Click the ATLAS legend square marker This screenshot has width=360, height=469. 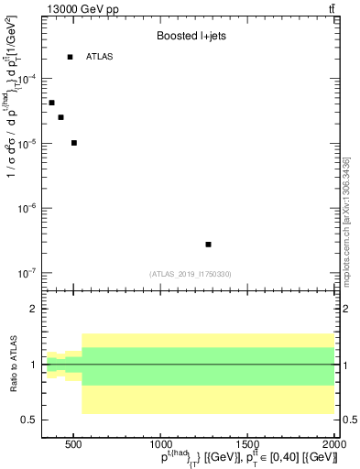71,57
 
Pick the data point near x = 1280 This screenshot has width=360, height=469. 209,245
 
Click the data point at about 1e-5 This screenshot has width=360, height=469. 73,143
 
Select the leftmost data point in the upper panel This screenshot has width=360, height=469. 51,103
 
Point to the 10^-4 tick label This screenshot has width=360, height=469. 26,80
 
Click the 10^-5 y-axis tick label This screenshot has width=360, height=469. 26,144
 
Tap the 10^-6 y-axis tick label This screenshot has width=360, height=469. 26,209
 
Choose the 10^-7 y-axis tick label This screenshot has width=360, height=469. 26,273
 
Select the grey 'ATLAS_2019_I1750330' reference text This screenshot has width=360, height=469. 191,274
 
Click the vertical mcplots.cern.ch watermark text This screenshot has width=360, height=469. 347,220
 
